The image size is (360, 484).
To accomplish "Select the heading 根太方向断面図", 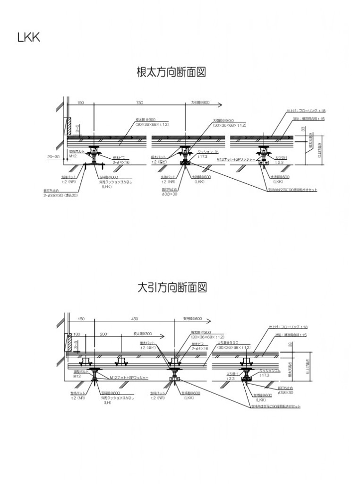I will pyautogui.click(x=172, y=73).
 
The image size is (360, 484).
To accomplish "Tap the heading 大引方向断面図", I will pyautogui.click(x=172, y=287).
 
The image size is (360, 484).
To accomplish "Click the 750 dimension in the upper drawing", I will pyautogui.click(x=139, y=103).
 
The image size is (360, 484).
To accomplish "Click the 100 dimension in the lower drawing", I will pyautogui.click(x=77, y=334).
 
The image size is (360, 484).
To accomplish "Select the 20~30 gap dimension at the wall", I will pyautogui.click(x=53, y=156).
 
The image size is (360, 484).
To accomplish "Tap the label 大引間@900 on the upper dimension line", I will pyautogui.click(x=200, y=103).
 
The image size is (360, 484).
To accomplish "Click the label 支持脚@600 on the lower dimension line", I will pyautogui.click(x=192, y=319).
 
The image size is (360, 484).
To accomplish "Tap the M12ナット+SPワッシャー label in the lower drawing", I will pyautogui.click(x=129, y=378).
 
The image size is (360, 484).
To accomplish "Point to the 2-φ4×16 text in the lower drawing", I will pyautogui.click(x=200, y=348).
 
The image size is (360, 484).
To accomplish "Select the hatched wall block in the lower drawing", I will pyautogui.click(x=68, y=343).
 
